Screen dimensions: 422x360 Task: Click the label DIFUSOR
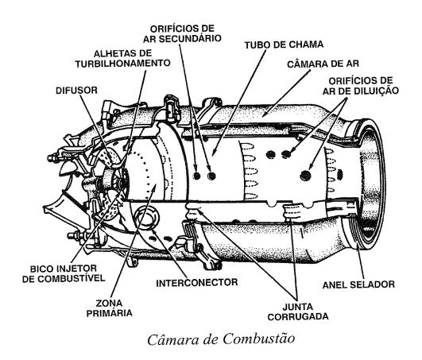click(x=76, y=91)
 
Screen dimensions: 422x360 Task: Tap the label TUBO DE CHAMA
click(x=284, y=45)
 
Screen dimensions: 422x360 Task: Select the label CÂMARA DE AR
click(x=323, y=64)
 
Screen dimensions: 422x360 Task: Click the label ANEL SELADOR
click(x=358, y=285)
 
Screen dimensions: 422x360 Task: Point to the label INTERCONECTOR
click(x=197, y=282)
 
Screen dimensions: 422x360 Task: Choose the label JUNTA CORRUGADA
click(x=298, y=312)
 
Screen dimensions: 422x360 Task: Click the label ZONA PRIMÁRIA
click(x=109, y=308)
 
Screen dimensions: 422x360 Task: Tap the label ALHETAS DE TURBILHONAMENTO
click(x=122, y=59)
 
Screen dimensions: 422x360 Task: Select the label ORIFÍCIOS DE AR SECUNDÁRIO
click(x=182, y=33)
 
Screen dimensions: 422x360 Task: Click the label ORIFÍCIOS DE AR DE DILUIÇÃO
click(x=361, y=86)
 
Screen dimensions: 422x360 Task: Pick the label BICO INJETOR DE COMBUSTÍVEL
click(x=64, y=273)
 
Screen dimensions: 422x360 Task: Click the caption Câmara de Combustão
click(x=221, y=339)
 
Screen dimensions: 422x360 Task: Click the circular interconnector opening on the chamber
click(x=147, y=217)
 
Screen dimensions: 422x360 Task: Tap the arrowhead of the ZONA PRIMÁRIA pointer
click(x=155, y=186)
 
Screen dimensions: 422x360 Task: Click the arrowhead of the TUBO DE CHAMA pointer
click(x=214, y=153)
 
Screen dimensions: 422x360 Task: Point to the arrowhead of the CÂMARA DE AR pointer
click(x=264, y=115)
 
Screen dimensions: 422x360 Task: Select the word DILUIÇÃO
click(x=377, y=91)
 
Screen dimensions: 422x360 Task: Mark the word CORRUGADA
click(x=298, y=316)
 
